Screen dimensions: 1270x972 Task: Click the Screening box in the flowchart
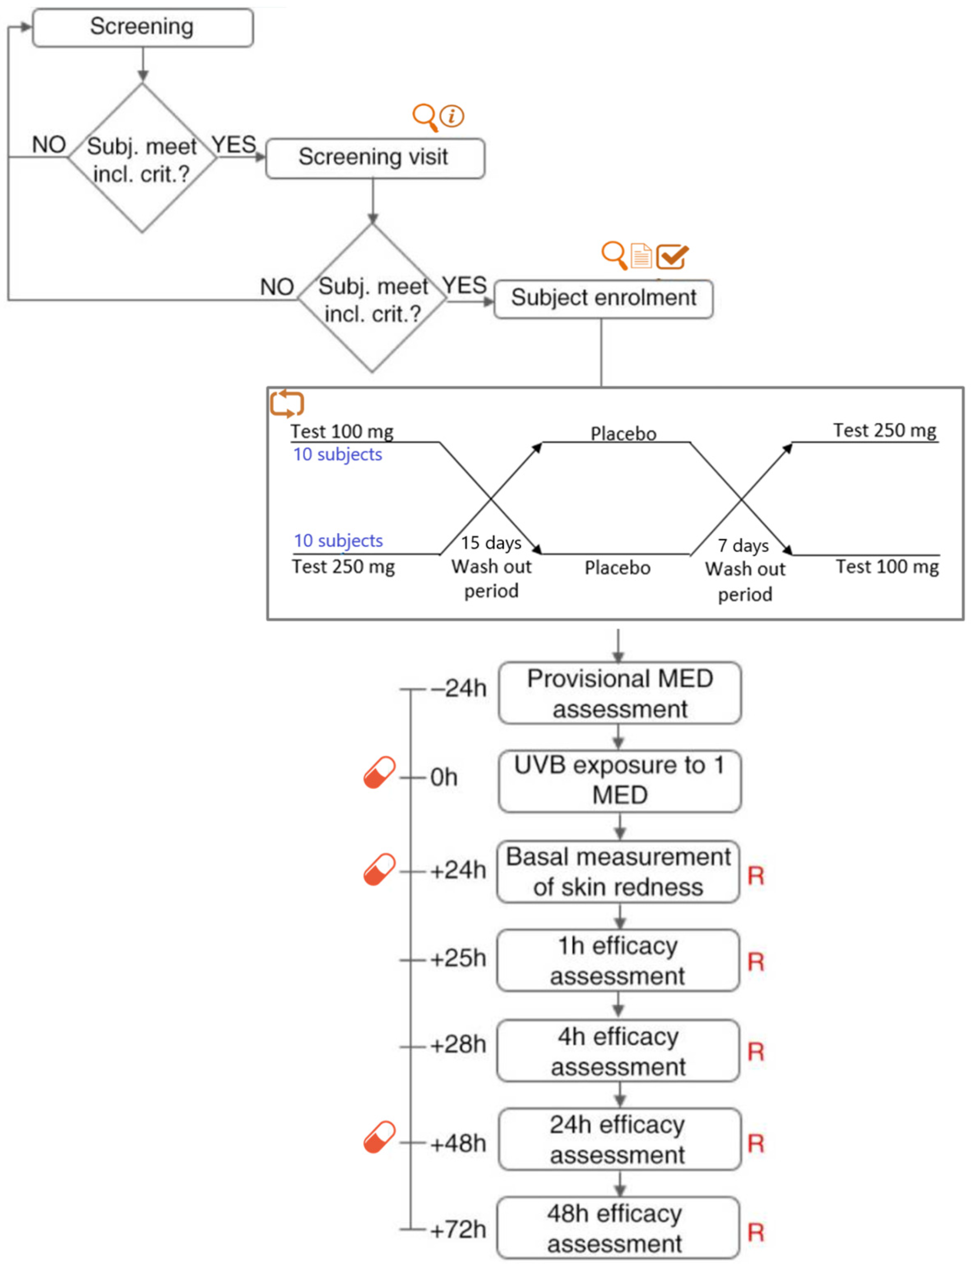click(142, 27)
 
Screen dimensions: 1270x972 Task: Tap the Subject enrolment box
click(603, 299)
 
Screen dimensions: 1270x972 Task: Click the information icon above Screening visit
click(452, 116)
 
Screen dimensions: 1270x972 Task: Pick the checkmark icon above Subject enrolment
click(672, 256)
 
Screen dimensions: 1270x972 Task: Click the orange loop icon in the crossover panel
click(287, 403)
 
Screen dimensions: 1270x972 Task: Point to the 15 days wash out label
click(491, 566)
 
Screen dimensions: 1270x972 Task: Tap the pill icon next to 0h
click(380, 772)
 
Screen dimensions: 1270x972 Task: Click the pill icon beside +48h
click(380, 1137)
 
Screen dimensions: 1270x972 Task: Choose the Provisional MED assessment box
click(620, 693)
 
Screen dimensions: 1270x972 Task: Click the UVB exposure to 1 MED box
click(620, 781)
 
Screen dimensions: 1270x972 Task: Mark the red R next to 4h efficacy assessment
click(756, 1052)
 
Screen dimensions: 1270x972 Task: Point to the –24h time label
click(458, 688)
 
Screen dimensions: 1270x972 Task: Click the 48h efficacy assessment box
click(617, 1227)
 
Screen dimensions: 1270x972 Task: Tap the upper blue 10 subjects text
click(337, 454)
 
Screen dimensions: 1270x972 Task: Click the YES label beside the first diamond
click(234, 144)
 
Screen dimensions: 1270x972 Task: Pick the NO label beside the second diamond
click(277, 287)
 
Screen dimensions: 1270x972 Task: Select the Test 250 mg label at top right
click(884, 430)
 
